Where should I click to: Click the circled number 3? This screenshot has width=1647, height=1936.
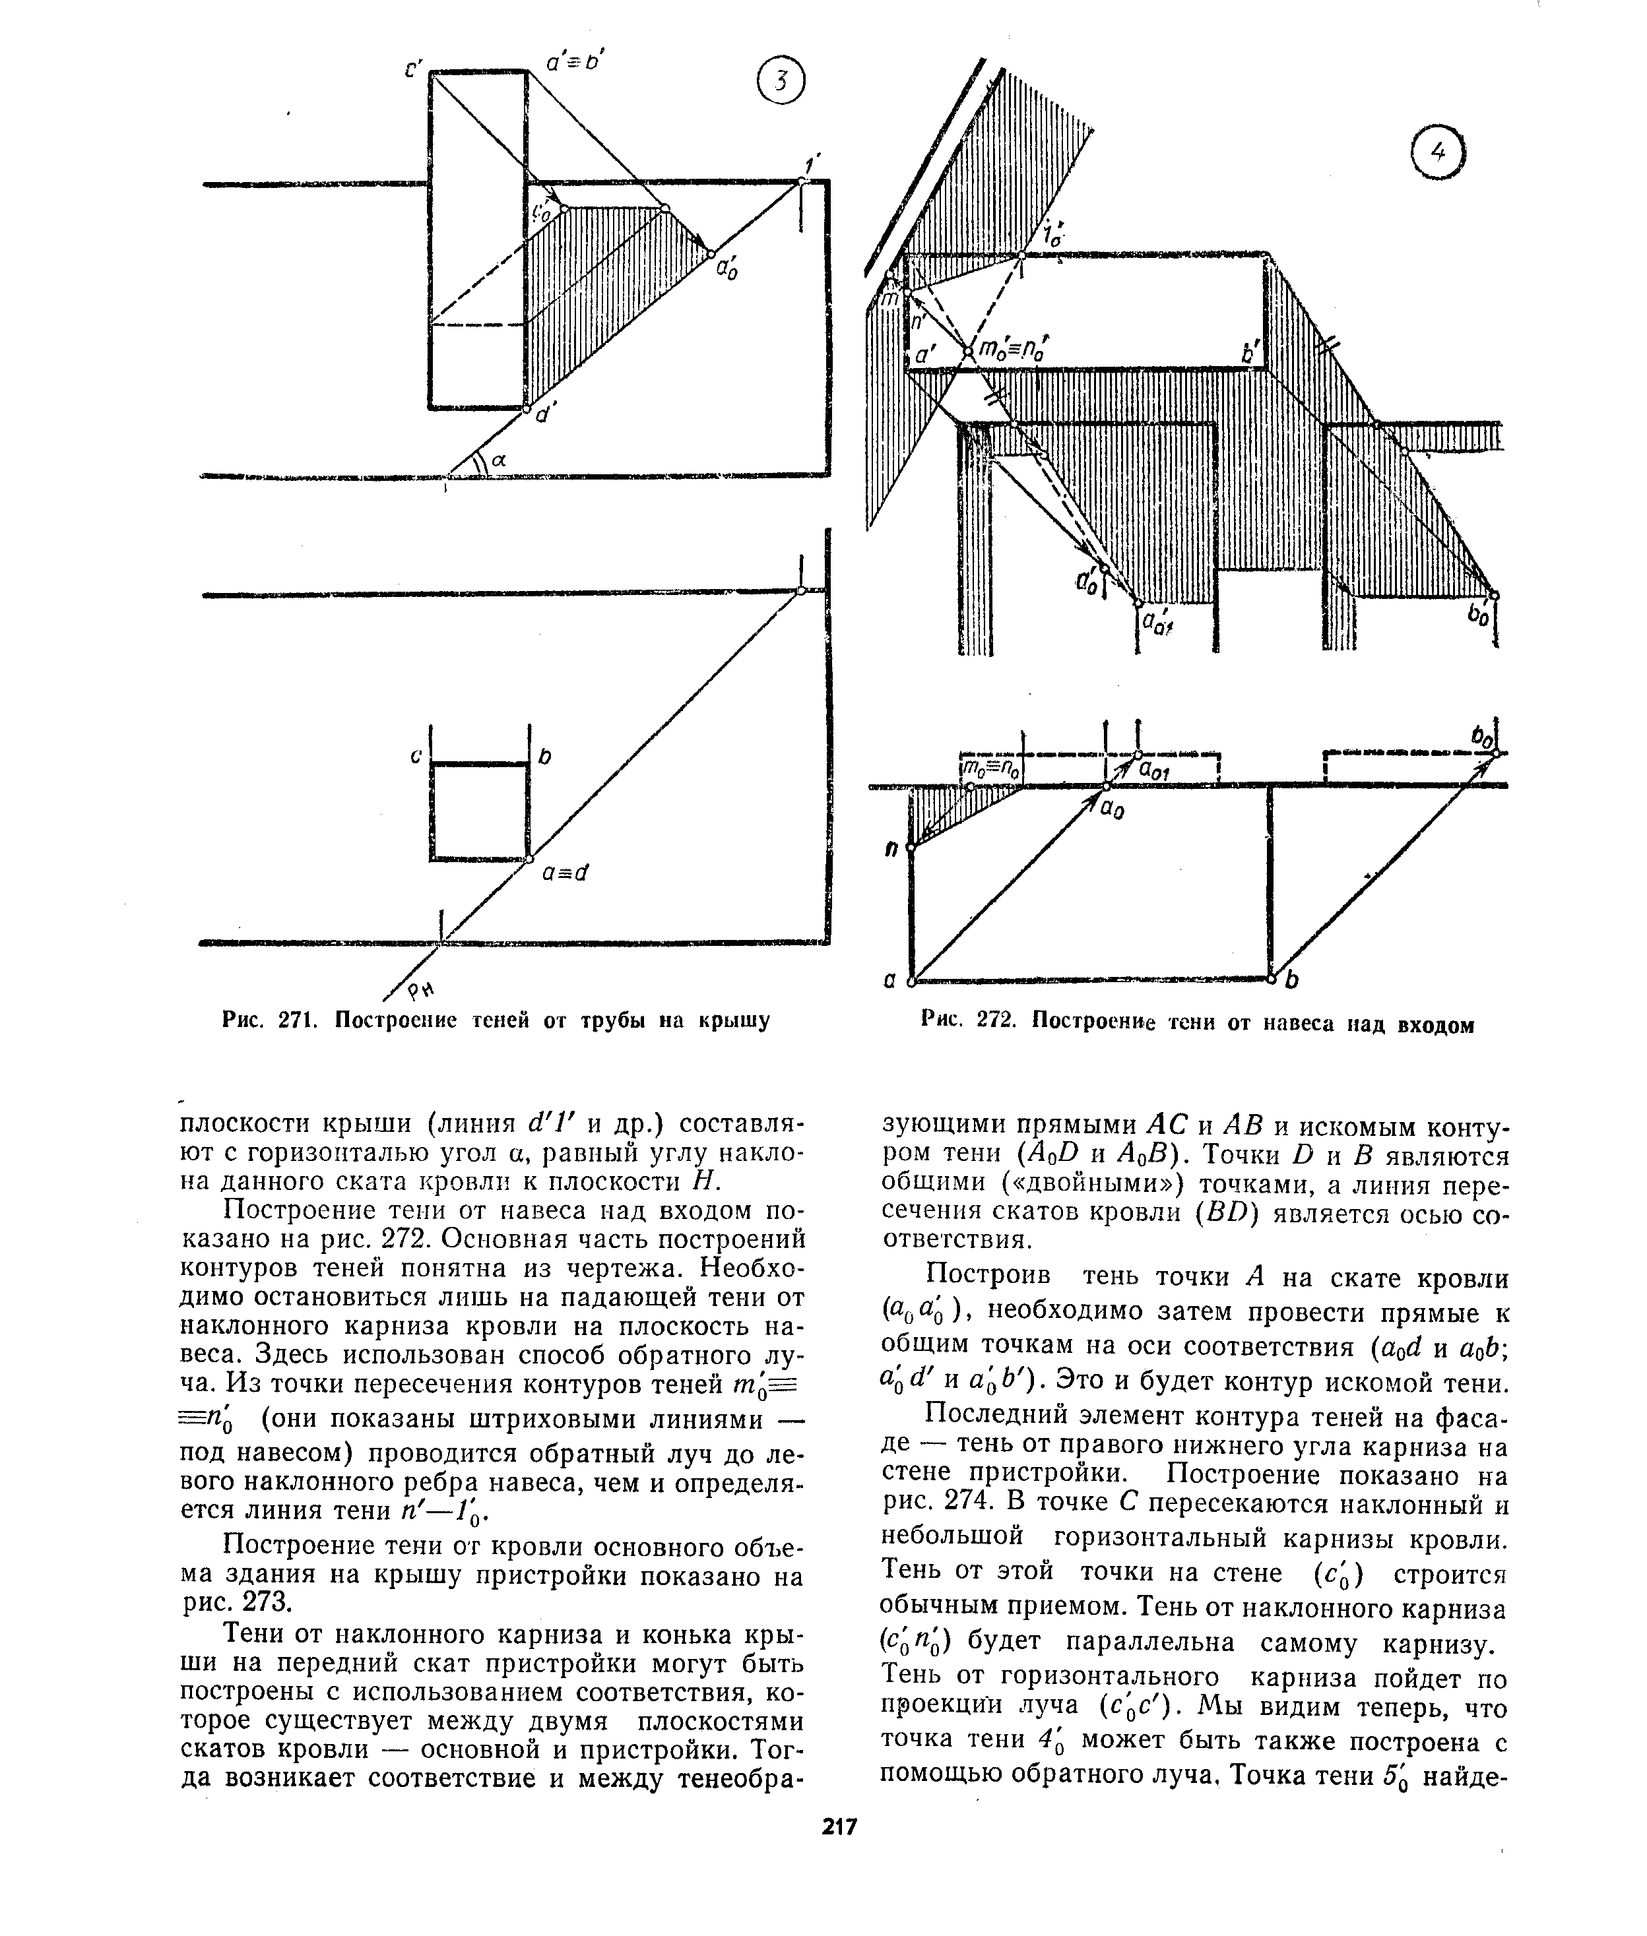click(781, 83)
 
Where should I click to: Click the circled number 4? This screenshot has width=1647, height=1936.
click(1438, 153)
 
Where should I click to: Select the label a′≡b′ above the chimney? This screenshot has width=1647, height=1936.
click(575, 63)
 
